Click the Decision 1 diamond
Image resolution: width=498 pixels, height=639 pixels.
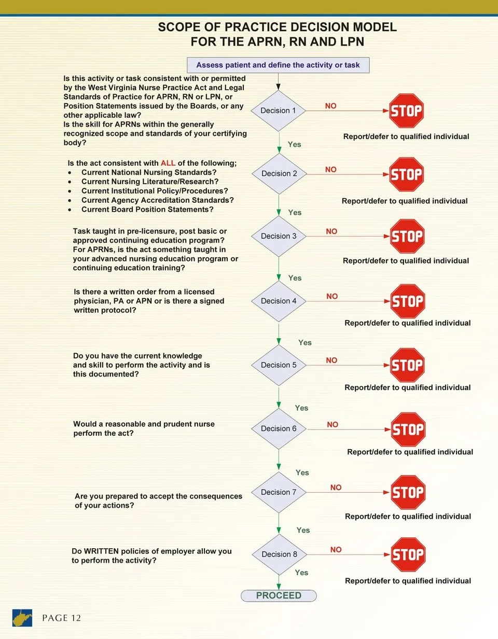(278, 110)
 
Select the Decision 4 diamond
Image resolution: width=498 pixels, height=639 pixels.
(279, 301)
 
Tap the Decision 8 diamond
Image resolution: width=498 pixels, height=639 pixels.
(279, 554)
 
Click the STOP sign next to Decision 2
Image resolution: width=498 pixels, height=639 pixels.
(407, 174)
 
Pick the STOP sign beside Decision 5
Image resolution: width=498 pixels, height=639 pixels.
(407, 365)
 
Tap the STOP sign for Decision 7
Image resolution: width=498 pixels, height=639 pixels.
(408, 492)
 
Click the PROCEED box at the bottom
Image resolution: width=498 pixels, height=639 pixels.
(279, 595)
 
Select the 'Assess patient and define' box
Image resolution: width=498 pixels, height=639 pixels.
(278, 65)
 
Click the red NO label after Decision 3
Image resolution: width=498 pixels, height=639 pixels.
(331, 231)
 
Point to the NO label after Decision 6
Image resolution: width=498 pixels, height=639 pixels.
(333, 424)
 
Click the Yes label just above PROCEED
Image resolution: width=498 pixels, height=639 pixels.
(301, 573)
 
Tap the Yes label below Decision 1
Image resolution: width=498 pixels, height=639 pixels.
(294, 144)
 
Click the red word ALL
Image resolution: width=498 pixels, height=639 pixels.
(168, 163)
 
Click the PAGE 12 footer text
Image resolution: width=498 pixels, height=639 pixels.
(61, 618)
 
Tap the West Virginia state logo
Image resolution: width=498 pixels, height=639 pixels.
(22, 618)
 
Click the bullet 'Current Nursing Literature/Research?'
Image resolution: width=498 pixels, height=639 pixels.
(150, 182)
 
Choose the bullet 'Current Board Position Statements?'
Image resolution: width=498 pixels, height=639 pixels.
(147, 210)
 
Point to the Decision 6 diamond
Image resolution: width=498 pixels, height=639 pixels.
(279, 428)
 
